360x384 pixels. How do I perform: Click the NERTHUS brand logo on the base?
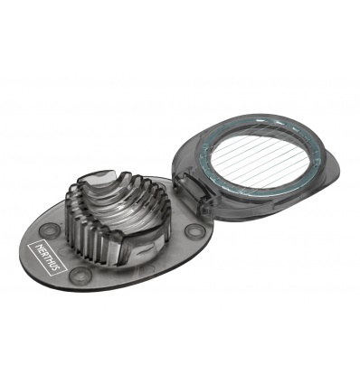(x=47, y=257)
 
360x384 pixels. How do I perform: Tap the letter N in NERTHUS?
(x=37, y=246)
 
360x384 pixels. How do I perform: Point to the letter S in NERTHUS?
(x=57, y=267)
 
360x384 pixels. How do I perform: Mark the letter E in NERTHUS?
(x=40, y=249)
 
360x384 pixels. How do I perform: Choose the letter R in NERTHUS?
(x=43, y=253)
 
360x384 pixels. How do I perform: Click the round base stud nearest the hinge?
(x=193, y=230)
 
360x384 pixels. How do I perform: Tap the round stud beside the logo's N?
(x=49, y=229)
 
